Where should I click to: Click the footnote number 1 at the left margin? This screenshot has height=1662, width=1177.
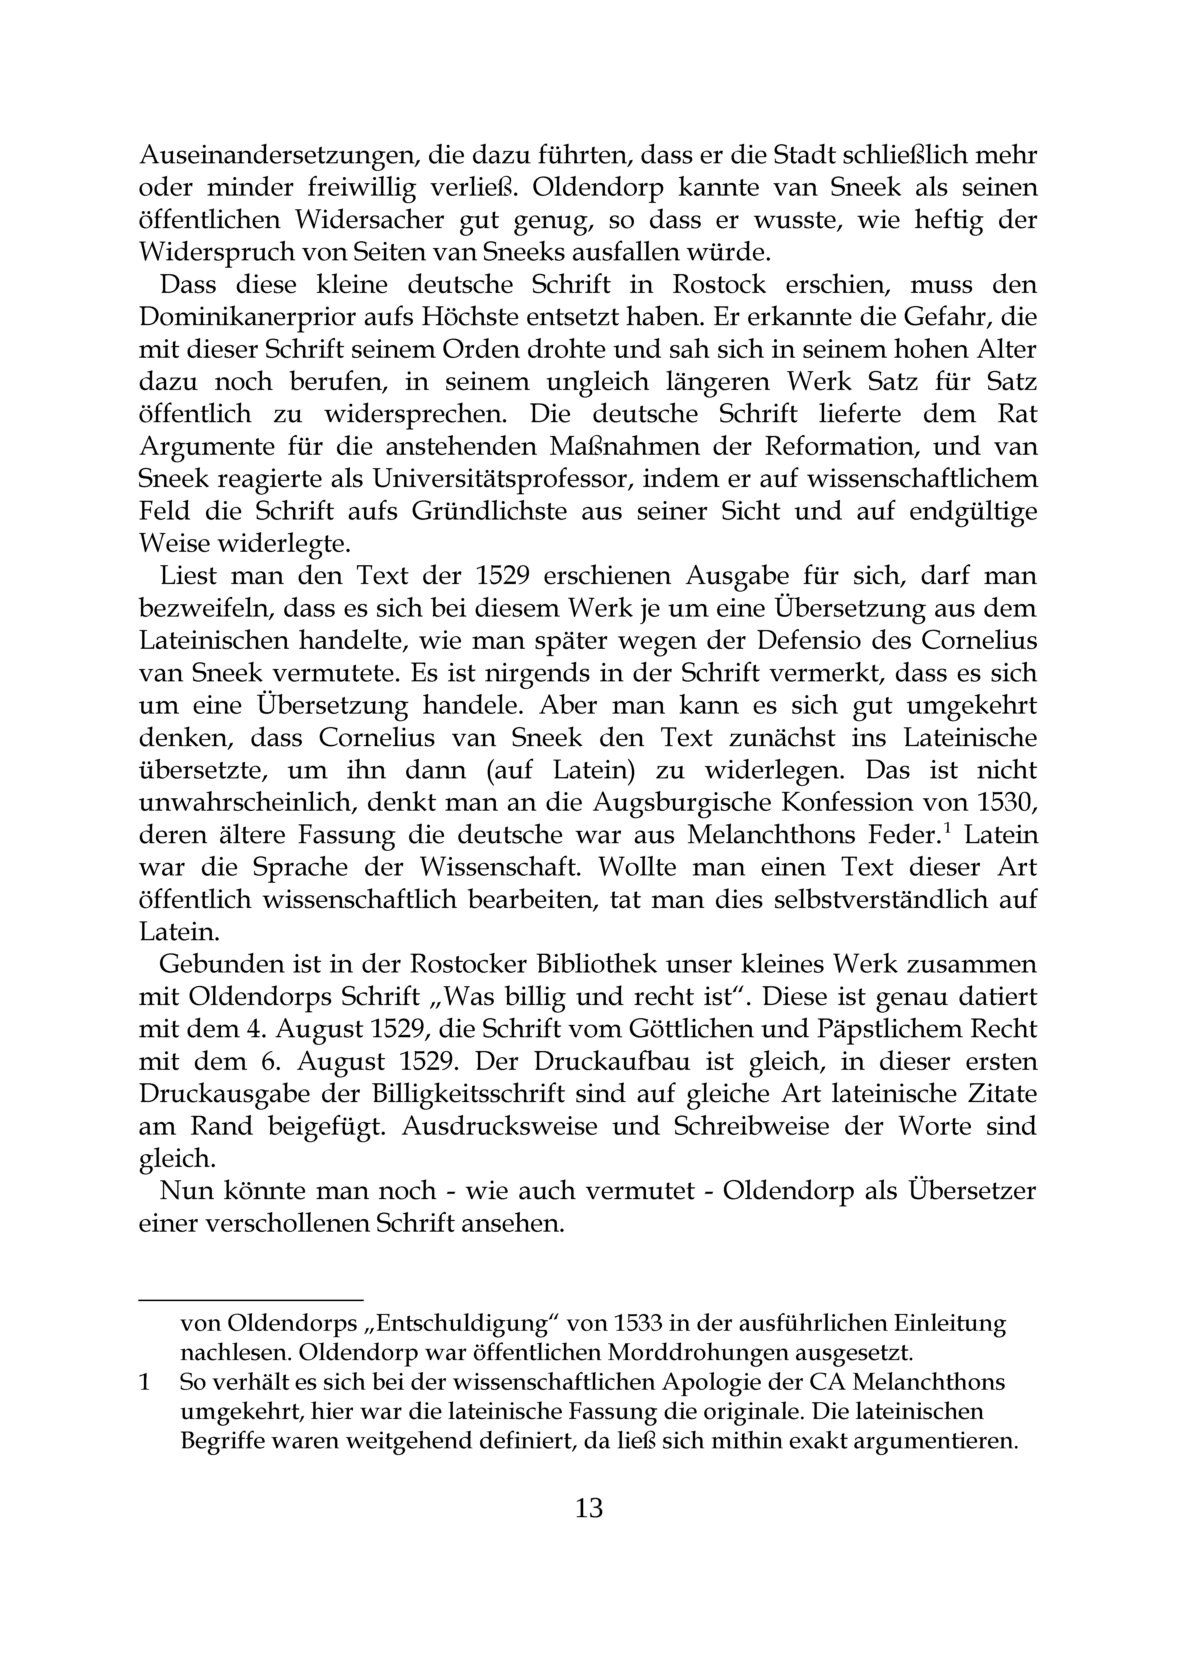pos(144,1382)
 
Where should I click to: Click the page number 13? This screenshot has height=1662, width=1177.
pos(588,1508)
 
